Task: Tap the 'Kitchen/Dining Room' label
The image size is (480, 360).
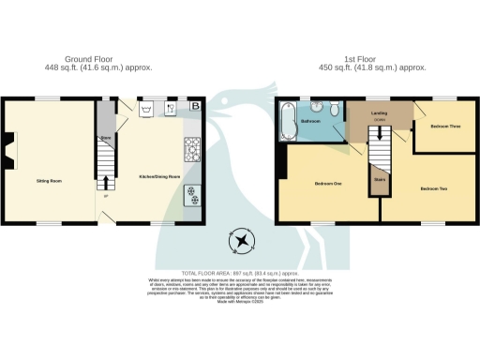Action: [157, 177]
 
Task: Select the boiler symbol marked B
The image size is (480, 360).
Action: [195, 106]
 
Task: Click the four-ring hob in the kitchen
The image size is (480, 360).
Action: [193, 147]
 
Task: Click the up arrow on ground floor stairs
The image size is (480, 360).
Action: [105, 182]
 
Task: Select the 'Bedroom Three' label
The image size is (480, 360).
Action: [444, 126]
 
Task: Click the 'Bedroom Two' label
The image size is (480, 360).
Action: [432, 189]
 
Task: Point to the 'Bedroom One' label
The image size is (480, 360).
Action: [327, 183]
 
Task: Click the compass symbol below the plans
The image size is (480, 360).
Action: [243, 243]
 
